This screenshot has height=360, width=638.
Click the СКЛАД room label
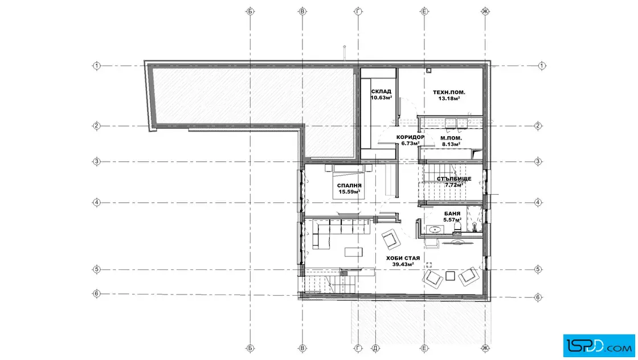tap(381, 92)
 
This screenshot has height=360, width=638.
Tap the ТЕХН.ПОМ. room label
tap(449, 92)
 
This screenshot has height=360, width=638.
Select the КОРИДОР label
tap(410, 137)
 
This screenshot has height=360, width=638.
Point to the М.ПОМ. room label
tap(451, 138)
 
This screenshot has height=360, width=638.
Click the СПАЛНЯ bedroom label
tap(349, 186)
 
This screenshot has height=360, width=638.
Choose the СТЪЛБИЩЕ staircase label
tap(454, 179)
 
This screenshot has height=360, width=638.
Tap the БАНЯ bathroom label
tap(452, 214)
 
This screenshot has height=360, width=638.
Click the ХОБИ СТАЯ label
tap(403, 258)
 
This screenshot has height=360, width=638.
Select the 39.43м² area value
tap(403, 264)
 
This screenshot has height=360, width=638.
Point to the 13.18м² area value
tap(449, 98)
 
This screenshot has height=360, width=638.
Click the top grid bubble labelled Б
tap(250, 11)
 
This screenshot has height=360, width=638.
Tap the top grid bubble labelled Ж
tap(485, 11)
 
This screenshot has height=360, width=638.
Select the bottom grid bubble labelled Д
tap(375, 348)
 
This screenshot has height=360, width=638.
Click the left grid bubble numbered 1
tap(96, 66)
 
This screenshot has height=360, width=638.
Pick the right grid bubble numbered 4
tap(538, 202)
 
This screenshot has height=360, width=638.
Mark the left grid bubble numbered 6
tap(96, 293)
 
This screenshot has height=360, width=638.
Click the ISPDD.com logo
tap(599, 346)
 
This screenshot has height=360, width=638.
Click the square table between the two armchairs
tap(450, 276)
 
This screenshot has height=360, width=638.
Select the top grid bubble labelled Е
tap(424, 11)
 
